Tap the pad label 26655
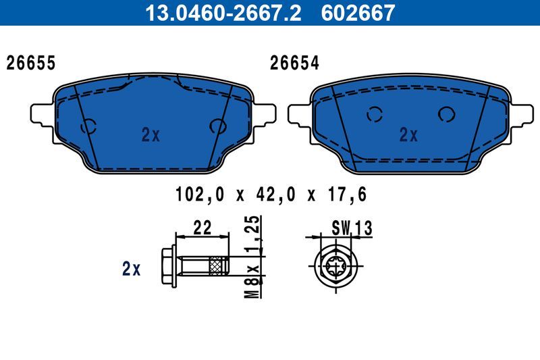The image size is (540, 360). point(30,63)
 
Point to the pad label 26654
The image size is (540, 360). point(294,63)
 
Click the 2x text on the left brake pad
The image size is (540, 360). point(151,135)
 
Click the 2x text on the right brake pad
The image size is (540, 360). point(408,135)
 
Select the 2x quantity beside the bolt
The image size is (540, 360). point(131,269)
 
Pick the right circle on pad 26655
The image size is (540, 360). point(218,126)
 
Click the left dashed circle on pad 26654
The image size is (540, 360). point(375,115)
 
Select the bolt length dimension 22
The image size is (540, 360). point(202,228)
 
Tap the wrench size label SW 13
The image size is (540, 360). point(352,228)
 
